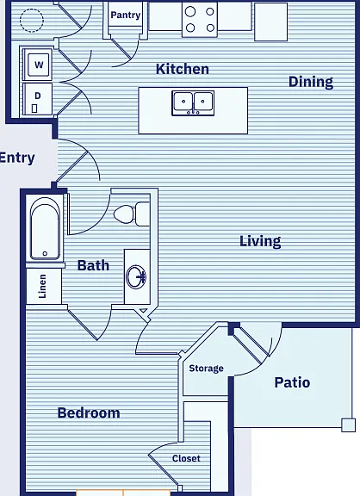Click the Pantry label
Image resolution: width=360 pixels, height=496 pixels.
point(126,15)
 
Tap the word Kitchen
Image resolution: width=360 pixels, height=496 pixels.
point(183,69)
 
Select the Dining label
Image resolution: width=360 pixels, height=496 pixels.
point(311,82)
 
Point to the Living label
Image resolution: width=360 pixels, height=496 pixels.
point(260,241)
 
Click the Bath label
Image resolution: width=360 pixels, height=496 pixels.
point(93,265)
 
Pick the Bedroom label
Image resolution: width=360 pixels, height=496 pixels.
point(89,412)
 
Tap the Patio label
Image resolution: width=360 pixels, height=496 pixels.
point(292,382)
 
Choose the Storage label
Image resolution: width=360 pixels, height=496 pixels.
point(206,369)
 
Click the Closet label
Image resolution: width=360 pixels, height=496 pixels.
point(186,458)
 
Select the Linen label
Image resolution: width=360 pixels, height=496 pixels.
point(42,286)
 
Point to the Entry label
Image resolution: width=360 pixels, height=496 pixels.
point(17,158)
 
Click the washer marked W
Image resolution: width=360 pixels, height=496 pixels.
point(39,65)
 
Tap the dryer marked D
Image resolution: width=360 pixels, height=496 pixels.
point(37,99)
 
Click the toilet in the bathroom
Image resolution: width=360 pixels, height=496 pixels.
point(131,214)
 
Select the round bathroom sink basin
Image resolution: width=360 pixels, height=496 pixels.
point(136,277)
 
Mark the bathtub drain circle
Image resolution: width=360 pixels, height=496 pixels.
point(45,253)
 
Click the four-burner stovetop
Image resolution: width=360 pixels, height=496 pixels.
point(200,20)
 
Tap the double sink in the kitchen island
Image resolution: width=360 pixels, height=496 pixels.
point(193,102)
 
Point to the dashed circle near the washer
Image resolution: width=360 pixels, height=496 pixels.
point(31,21)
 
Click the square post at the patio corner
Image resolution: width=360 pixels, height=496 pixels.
point(348,425)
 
